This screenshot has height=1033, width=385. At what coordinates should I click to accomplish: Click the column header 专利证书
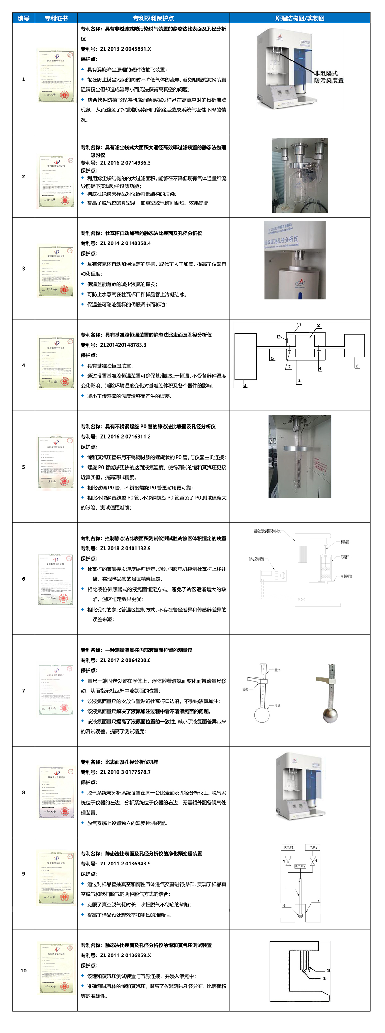[56, 18]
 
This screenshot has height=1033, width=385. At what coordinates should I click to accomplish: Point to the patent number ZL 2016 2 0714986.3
[125, 163]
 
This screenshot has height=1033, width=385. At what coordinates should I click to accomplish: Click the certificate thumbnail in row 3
[56, 271]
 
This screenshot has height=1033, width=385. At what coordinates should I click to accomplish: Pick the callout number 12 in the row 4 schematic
[278, 337]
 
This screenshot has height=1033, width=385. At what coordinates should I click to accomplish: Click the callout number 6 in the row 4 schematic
[357, 366]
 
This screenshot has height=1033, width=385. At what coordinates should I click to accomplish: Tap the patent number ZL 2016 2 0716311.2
[125, 436]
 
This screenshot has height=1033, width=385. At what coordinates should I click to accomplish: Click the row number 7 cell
[23, 691]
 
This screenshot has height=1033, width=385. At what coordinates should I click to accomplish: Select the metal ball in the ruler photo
[330, 715]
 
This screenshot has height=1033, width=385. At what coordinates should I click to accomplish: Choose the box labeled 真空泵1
[288, 847]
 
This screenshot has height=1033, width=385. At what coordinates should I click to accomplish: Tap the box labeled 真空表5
[300, 866]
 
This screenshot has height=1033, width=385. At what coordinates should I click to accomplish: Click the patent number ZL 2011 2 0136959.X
[125, 955]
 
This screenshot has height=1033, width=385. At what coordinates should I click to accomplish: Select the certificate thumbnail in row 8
[56, 792]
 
